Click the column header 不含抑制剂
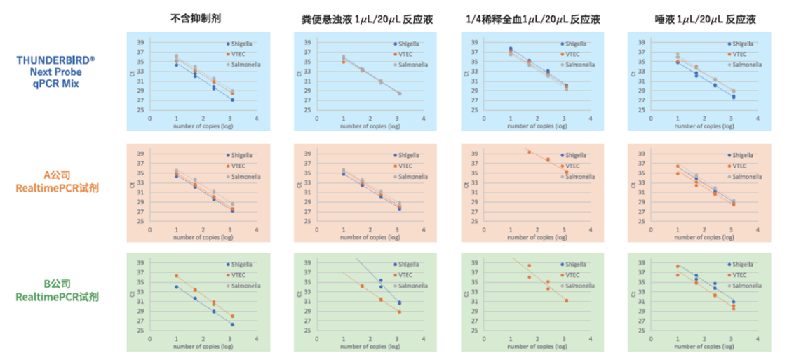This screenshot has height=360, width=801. [x=194, y=19]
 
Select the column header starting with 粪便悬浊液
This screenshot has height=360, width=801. [x=362, y=20]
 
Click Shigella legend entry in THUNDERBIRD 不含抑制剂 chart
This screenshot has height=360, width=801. [x=243, y=44]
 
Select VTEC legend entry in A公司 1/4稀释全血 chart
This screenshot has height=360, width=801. [x=574, y=166]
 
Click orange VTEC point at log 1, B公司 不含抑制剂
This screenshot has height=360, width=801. [x=176, y=276]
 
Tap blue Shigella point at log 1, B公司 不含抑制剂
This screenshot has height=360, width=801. [x=176, y=286]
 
